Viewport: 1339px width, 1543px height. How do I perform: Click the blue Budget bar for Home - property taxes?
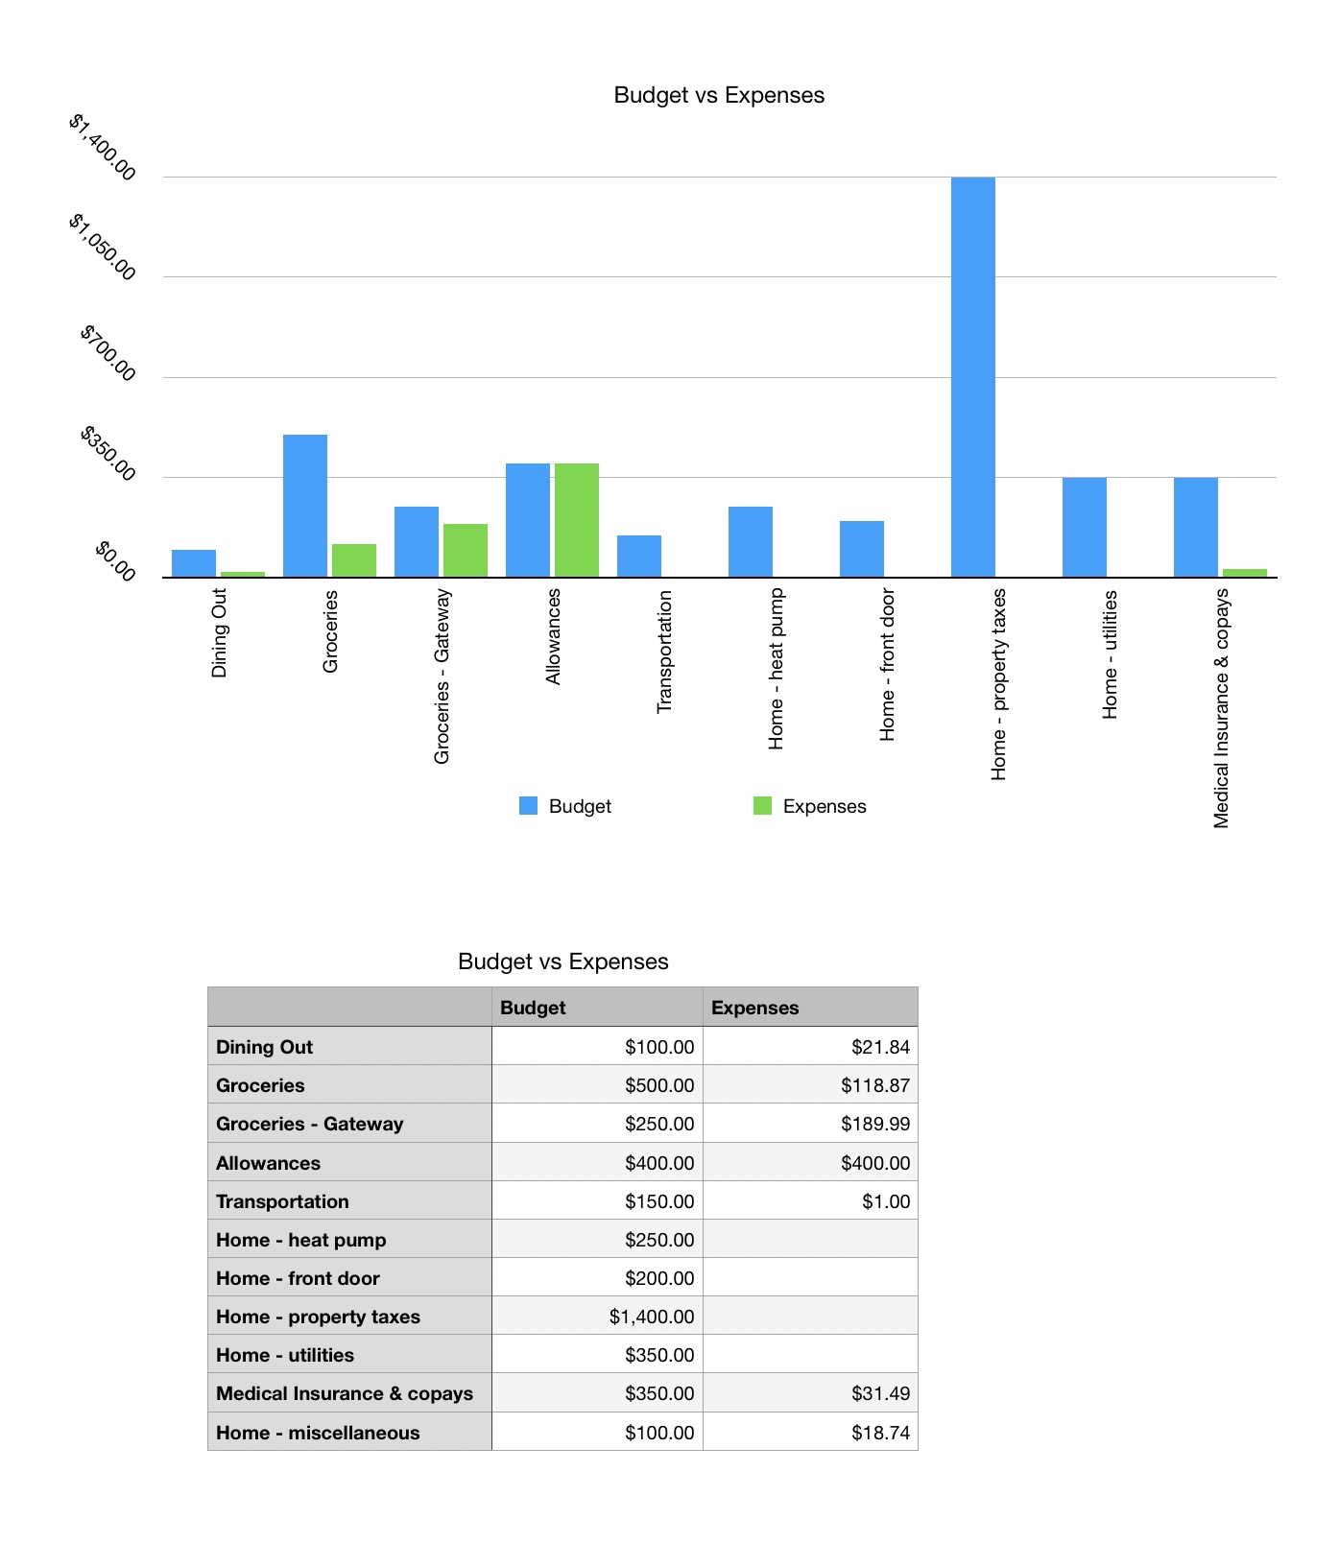tap(972, 377)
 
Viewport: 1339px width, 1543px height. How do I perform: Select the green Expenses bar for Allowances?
tap(576, 520)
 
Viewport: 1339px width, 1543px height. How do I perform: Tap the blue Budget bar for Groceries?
tap(305, 506)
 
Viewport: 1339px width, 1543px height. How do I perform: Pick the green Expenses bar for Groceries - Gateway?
tap(465, 550)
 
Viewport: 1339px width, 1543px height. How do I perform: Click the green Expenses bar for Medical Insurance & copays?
tap(1244, 573)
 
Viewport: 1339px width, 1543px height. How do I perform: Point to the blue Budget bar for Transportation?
tap(638, 556)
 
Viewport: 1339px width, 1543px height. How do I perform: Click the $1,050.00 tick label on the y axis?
tap(103, 247)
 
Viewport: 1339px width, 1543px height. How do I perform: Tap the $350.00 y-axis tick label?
tap(108, 452)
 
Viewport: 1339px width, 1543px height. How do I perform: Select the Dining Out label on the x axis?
tap(220, 633)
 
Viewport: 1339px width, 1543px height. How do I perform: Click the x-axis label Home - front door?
tap(888, 665)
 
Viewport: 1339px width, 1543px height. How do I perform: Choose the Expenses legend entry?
tap(810, 806)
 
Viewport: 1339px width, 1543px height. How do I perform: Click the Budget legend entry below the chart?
tap(565, 806)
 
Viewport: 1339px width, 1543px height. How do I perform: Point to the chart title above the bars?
tap(719, 95)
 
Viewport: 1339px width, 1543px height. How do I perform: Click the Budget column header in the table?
tap(534, 1008)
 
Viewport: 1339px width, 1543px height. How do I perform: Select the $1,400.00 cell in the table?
tap(651, 1317)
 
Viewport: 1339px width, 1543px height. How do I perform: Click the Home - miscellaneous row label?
tap(318, 1433)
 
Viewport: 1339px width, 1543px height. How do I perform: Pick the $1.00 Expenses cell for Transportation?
tap(885, 1201)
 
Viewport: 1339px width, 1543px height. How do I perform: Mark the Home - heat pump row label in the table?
tap(301, 1240)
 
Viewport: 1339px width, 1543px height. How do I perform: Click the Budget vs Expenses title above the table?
tap(563, 961)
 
